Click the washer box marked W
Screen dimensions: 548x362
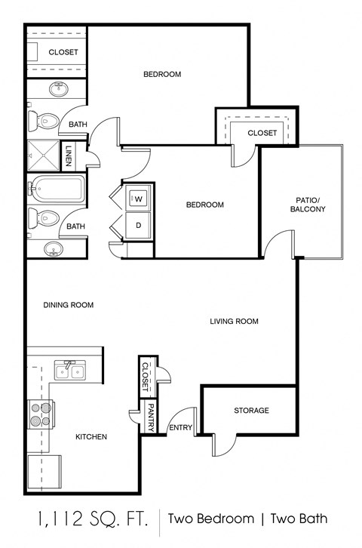138,199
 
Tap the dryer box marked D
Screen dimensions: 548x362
138,225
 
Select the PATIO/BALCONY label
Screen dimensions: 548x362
307,205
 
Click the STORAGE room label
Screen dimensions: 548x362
251,411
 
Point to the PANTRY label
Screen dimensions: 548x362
151,418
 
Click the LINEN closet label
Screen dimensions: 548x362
69,155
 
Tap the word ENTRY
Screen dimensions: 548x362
181,428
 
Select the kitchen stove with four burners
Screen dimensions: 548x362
41,414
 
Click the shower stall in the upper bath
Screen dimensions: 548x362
43,155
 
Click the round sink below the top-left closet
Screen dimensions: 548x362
59,89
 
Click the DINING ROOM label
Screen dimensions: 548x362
68,305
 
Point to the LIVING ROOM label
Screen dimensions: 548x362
234,322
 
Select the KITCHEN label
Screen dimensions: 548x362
91,436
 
